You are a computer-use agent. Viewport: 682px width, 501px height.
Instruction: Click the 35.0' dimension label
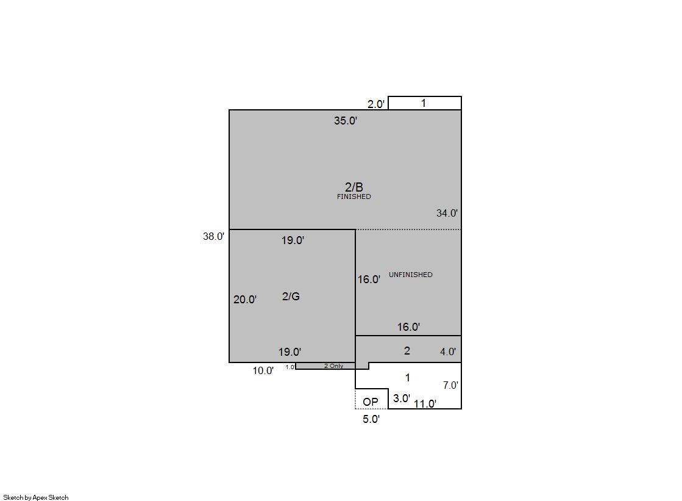pos(346,121)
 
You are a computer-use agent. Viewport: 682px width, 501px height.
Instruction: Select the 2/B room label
pos(354,187)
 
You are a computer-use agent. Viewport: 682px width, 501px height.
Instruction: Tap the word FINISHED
pos(354,196)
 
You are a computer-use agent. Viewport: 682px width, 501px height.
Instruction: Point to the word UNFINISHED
pos(411,275)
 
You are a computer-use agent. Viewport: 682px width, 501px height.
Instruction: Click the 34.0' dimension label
pos(447,213)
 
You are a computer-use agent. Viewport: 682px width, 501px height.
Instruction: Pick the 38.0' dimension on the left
pos(213,236)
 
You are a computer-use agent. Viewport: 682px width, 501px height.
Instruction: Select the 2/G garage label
pos(291,296)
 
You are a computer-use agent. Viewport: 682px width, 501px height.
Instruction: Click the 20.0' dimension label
pos(245,299)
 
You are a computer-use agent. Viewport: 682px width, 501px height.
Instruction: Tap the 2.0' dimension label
pos(376,104)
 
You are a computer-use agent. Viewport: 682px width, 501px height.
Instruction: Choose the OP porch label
pos(371,402)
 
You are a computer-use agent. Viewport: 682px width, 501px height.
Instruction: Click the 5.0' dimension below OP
pos(371,419)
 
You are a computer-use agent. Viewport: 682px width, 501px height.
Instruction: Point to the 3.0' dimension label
pos(402,398)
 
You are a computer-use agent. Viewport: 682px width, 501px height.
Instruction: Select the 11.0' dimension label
pos(425,404)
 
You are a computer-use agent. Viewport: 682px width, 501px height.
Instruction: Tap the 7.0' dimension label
pos(450,385)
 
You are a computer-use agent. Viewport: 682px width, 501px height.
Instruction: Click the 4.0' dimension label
pos(448,351)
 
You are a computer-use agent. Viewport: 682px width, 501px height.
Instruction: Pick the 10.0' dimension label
pos(263,371)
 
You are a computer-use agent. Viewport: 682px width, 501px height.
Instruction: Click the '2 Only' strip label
pos(333,366)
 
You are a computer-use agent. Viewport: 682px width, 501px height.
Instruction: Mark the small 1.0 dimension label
pos(289,367)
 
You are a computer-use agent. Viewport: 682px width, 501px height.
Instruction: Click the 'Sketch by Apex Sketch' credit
pos(36,497)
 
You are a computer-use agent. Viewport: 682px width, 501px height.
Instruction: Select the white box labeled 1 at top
pos(425,103)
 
